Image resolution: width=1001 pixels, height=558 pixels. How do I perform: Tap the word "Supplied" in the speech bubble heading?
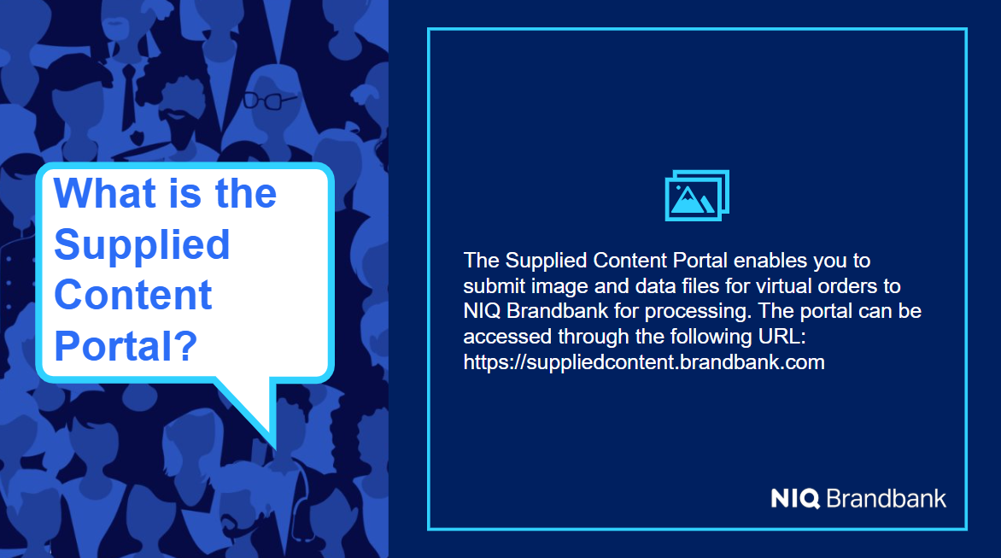142,245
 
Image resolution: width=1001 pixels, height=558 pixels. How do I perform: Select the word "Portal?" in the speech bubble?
126,346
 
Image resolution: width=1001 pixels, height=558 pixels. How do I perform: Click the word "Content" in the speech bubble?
132,295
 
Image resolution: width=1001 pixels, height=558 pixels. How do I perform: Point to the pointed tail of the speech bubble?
274,447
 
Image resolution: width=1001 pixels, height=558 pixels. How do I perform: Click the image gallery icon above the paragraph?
696,196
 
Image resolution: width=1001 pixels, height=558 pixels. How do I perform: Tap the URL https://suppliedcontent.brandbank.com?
643,362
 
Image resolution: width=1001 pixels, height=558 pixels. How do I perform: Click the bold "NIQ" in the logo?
795,498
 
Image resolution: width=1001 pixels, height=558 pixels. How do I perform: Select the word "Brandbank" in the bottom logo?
886,498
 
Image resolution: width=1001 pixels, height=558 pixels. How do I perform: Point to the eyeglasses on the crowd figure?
269,100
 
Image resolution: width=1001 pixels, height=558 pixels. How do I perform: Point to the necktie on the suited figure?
128,96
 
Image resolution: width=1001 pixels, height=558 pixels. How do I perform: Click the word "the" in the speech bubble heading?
246,193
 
